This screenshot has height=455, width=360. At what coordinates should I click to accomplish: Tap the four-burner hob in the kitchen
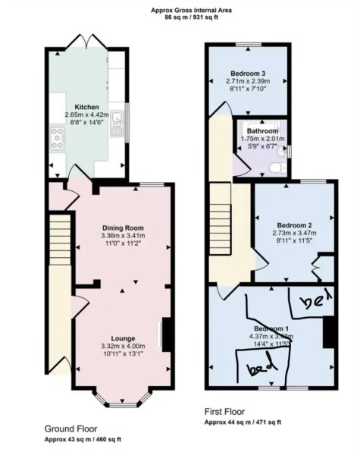[57, 137]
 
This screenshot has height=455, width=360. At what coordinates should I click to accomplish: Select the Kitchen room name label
[86, 107]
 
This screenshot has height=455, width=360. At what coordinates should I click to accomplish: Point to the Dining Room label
[123, 227]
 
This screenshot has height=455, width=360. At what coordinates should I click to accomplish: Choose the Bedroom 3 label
[248, 74]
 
